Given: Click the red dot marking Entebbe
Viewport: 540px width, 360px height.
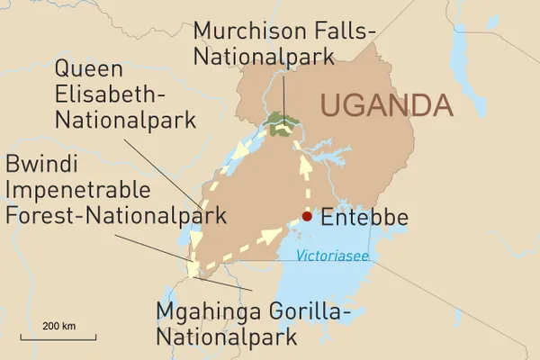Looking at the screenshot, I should pos(307,216).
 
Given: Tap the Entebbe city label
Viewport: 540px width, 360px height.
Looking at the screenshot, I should pos(364,218).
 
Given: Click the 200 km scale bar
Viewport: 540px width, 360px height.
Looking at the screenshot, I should pos(58,337).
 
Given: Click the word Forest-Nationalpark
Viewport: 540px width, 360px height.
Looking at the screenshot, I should pos(116,216).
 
